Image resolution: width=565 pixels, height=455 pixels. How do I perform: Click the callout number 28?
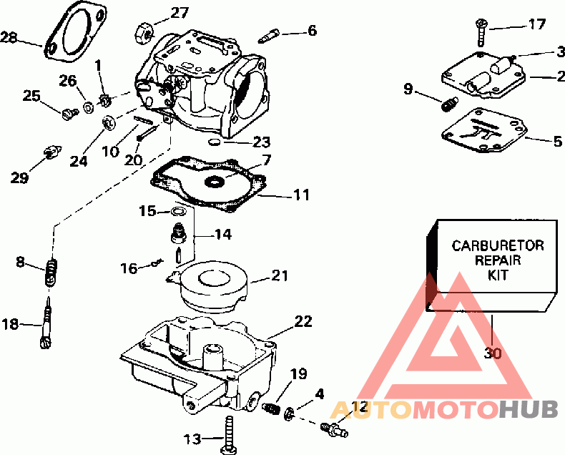(8, 36)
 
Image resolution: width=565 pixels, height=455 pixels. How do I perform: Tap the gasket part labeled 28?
(70, 31)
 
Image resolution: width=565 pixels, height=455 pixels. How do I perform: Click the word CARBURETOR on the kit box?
(498, 245)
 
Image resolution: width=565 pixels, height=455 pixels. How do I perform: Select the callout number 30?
(493, 352)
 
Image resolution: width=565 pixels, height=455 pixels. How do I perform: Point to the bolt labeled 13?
(228, 436)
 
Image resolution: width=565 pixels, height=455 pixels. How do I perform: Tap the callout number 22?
(303, 321)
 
